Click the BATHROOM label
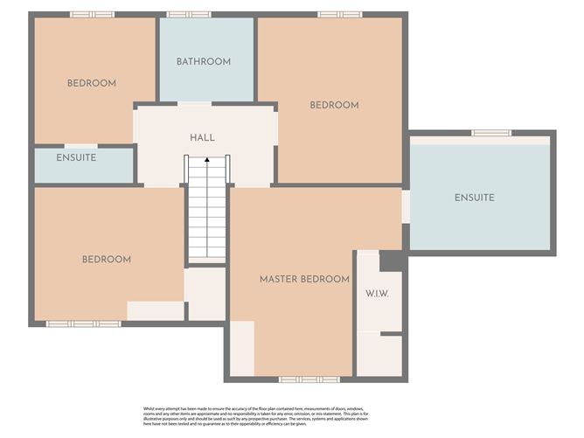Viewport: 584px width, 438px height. point(204,62)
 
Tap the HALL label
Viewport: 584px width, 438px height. point(202,138)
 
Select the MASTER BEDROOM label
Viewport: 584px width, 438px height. point(304,280)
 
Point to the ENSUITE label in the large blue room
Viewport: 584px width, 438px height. point(474,198)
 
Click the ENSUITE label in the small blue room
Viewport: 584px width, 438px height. point(76,158)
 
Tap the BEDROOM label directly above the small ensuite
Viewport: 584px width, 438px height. point(92,84)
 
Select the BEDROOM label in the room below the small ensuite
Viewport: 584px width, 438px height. point(107,260)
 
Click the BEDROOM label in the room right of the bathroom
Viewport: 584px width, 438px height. point(334,106)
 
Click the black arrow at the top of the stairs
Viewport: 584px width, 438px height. point(207,160)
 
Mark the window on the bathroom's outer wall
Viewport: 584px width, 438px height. point(188,14)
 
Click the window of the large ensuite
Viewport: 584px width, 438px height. point(491,133)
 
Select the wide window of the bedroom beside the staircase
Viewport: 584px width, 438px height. point(83,323)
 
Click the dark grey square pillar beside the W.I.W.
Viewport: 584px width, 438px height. point(391,261)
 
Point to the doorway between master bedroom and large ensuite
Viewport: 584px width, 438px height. point(406,206)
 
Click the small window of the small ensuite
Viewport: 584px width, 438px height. point(80,145)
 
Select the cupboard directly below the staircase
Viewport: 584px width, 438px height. point(207,294)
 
